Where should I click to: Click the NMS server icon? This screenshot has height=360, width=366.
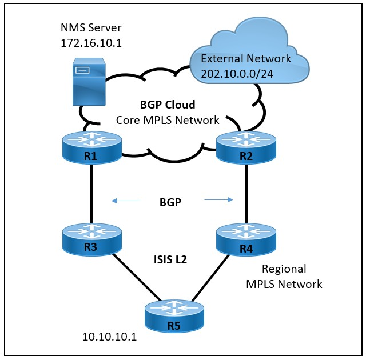click(x=88, y=84)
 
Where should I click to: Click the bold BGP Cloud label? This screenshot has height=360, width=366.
click(x=168, y=105)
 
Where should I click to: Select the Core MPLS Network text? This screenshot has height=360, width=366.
click(x=168, y=119)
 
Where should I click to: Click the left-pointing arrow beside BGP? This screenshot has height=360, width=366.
click(x=125, y=201)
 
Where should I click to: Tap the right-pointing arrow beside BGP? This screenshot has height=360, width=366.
click(x=219, y=200)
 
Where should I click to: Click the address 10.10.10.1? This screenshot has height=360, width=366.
click(x=109, y=337)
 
